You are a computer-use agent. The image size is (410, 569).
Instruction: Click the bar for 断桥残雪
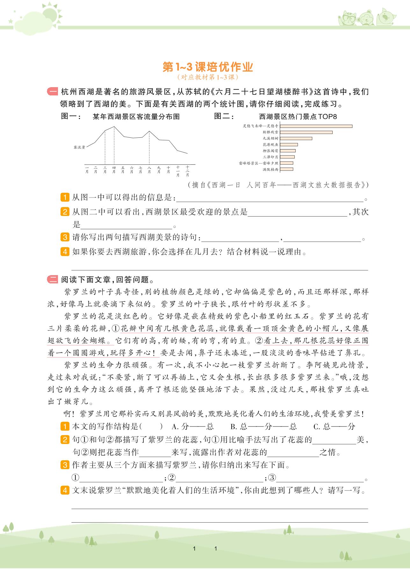[x=306, y=132]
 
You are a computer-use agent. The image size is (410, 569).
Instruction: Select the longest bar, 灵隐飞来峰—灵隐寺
[x=316, y=126]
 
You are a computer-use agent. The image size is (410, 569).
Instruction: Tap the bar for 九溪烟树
[x=296, y=138]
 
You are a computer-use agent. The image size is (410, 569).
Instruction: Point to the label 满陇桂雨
[x=270, y=170]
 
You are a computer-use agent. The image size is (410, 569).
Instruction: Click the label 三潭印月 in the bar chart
[x=270, y=157]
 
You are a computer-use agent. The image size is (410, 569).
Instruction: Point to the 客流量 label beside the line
[x=79, y=148]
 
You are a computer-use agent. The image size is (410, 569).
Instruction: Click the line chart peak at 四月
[x=114, y=127]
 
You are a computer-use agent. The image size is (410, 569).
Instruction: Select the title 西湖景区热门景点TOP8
[x=298, y=117]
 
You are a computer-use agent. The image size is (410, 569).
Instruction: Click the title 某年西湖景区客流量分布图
[x=136, y=117]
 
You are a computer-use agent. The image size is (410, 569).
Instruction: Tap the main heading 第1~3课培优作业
[x=208, y=67]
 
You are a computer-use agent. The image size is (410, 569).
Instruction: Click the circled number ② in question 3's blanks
[x=172, y=478]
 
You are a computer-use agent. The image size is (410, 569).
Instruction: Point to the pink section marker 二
[x=52, y=280]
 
